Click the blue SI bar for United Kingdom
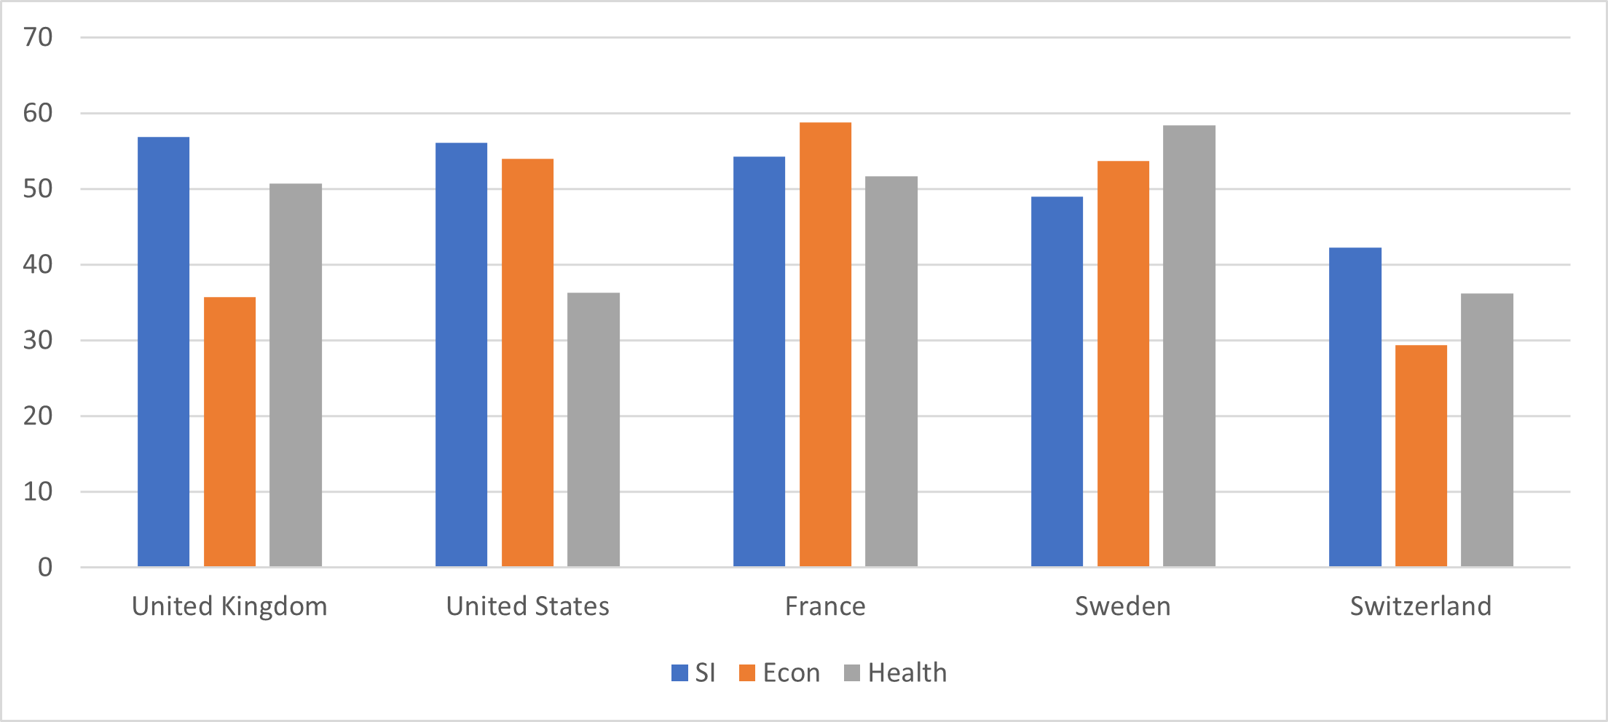[x=163, y=352]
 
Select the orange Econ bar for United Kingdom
[x=229, y=432]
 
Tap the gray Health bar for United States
[x=594, y=429]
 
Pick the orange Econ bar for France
[x=825, y=344]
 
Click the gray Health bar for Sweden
[x=1189, y=346]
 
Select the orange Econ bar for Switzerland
[x=1421, y=456]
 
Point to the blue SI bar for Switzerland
[x=1355, y=407]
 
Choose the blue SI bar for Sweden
[x=1057, y=381]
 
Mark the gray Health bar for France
[x=891, y=371]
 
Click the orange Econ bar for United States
[x=527, y=362]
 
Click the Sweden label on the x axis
[x=1122, y=606]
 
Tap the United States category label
[x=527, y=606]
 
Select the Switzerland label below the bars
[x=1420, y=606]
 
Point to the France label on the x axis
[x=825, y=606]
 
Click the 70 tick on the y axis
[x=38, y=37]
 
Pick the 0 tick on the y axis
[x=45, y=567]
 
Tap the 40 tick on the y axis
[x=38, y=264]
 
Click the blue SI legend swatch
[x=679, y=673]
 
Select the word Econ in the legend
[x=791, y=673]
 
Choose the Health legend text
[x=907, y=673]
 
